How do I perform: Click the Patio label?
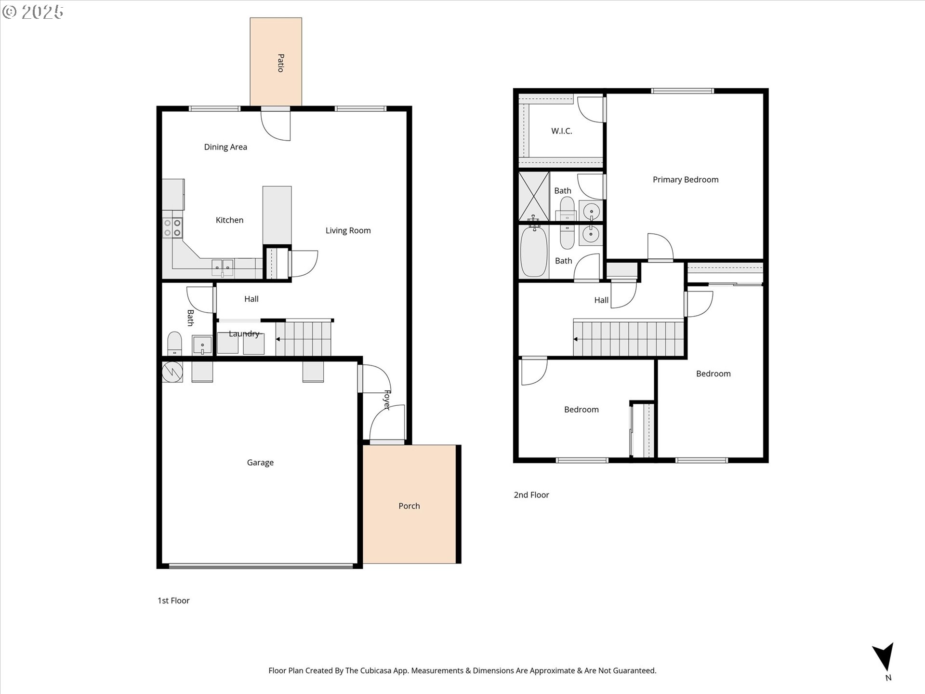[280, 63]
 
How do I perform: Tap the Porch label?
[409, 506]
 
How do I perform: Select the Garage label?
[260, 463]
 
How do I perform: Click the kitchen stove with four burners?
[172, 228]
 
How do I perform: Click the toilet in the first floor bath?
[174, 343]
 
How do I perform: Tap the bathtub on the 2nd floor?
[534, 251]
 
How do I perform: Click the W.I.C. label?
[562, 131]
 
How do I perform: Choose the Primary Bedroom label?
[686, 180]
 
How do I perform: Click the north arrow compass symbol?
[884, 658]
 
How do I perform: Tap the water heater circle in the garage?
[172, 372]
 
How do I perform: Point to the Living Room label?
[348, 231]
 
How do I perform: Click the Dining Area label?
[225, 147]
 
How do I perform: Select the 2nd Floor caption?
[531, 495]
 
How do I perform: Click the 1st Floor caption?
[173, 601]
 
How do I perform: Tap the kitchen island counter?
[277, 215]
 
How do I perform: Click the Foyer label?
[386, 400]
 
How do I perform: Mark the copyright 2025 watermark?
[33, 12]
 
